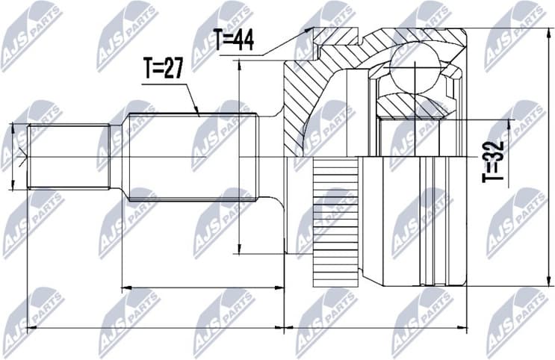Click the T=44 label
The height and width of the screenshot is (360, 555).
(x=232, y=40)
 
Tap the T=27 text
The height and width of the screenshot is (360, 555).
(x=164, y=69)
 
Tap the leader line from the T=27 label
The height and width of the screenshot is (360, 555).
(x=190, y=96)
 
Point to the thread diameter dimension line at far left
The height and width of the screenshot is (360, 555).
(x=13, y=157)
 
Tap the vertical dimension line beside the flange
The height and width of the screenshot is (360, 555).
(x=239, y=157)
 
